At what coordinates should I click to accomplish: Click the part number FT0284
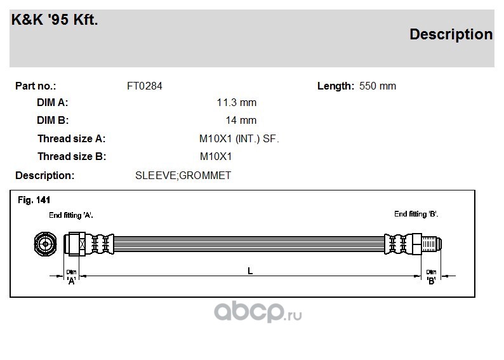[145, 86]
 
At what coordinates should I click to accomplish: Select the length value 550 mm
[378, 86]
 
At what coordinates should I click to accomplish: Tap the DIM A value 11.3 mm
[237, 102]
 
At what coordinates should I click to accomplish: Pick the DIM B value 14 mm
[241, 120]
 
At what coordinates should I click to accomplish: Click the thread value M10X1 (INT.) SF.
[239, 139]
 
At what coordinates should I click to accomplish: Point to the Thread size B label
[72, 157]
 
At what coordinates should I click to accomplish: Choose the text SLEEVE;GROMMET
[183, 175]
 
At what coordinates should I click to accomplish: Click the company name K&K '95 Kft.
[55, 20]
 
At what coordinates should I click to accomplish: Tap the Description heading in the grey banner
[451, 34]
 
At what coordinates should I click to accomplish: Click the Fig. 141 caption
[34, 200]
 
